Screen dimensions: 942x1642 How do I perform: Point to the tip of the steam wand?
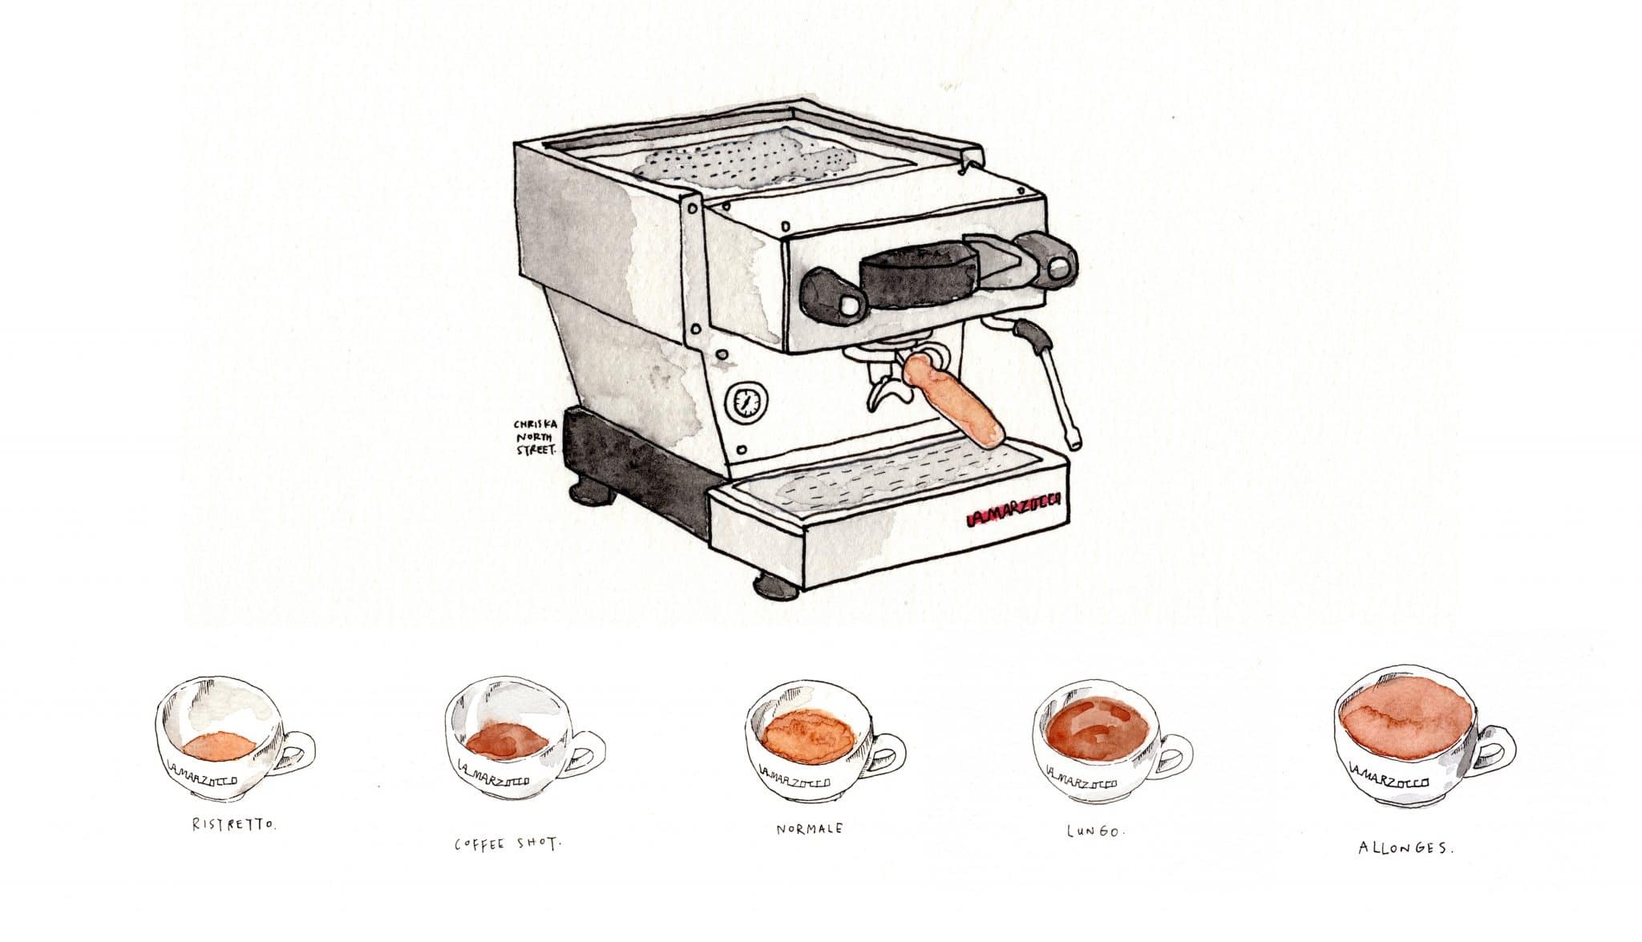(x=1073, y=440)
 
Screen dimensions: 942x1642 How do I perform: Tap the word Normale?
(x=809, y=828)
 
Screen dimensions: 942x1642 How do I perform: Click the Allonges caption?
(x=1405, y=847)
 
